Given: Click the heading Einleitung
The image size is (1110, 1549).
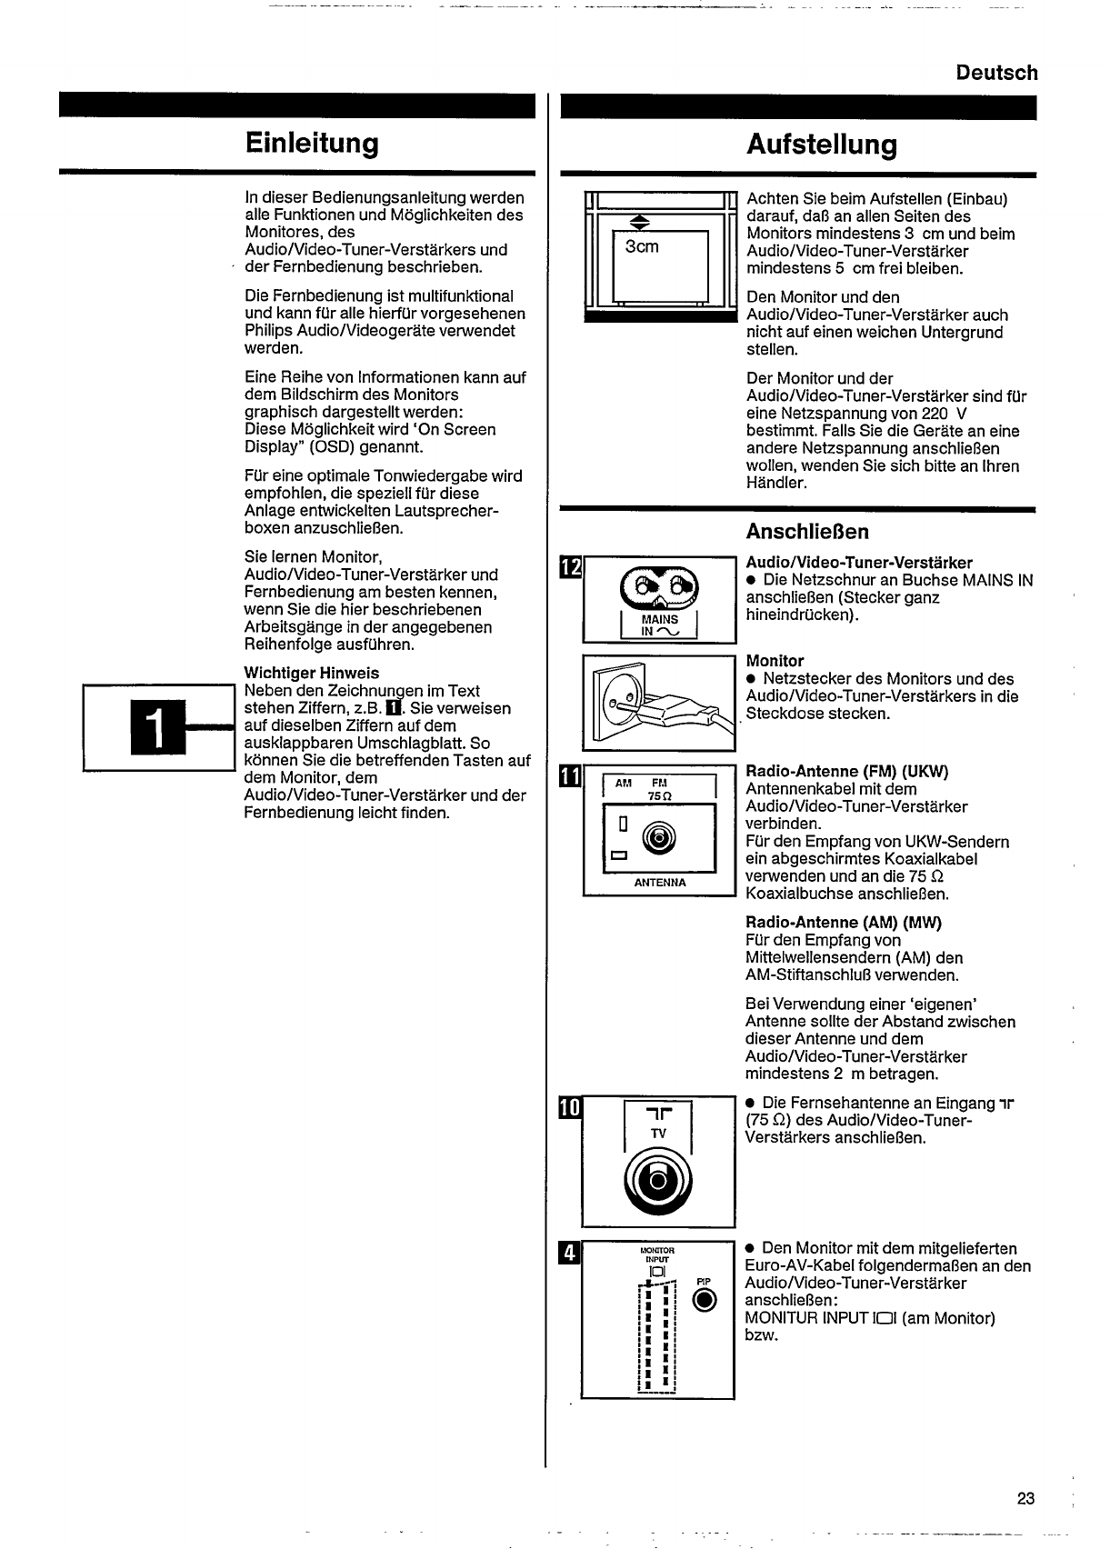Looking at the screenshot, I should pos(311,144).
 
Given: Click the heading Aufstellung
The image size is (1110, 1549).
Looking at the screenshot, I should pos(821,145).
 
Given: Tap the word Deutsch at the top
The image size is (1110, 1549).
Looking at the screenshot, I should pos(996,73).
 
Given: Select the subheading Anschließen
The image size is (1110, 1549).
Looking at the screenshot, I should pos(807,532).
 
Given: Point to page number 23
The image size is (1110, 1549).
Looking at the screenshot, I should pos(1025,1499).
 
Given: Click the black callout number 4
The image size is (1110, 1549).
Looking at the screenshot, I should pos(570,1253).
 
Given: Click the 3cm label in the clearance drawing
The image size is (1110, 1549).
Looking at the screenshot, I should pos(642,246).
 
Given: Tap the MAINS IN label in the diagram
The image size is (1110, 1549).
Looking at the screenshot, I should pos(659,625).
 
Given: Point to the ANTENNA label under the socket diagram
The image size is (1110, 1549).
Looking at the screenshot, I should pos(660,883).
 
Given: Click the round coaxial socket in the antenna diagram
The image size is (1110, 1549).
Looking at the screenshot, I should pos(659,837).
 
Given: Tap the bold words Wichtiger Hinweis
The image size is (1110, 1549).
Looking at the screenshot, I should pos(312,674).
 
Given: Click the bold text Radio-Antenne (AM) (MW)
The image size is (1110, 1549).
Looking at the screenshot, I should pos(844,923).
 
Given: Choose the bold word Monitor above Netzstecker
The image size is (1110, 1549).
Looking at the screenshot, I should pos(775,661).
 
